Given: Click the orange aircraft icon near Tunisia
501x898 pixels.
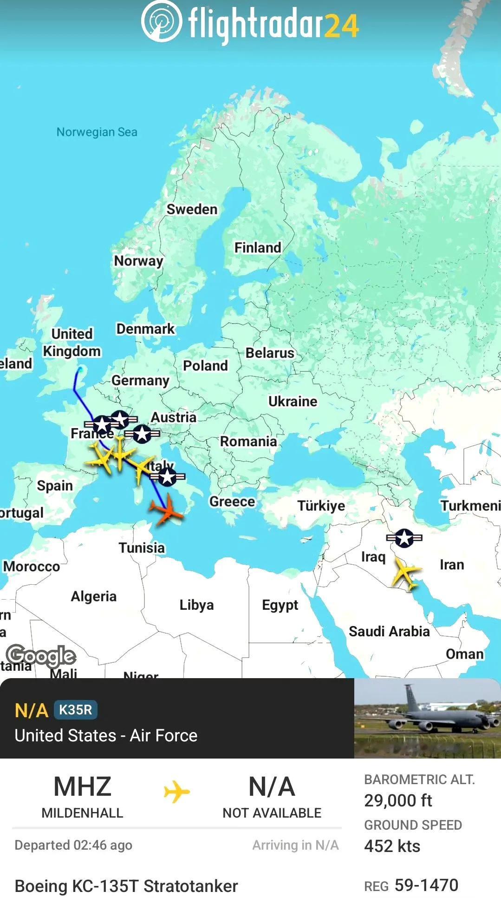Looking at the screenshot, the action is pyautogui.click(x=167, y=510).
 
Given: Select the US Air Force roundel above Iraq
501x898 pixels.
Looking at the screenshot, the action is pyautogui.click(x=404, y=538).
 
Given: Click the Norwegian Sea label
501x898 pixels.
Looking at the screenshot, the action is pyautogui.click(x=97, y=132).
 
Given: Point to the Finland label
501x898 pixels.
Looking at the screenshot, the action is pyautogui.click(x=258, y=247).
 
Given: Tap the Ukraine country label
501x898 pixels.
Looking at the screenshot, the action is pyautogui.click(x=293, y=401).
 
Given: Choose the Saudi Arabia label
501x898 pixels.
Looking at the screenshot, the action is pyautogui.click(x=389, y=631).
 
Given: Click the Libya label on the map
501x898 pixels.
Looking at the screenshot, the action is pyautogui.click(x=196, y=605).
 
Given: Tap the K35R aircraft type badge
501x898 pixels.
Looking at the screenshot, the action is pyautogui.click(x=76, y=710).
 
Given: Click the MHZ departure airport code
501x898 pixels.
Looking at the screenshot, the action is pyautogui.click(x=82, y=786).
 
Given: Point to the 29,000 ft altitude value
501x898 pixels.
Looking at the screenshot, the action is pyautogui.click(x=398, y=800).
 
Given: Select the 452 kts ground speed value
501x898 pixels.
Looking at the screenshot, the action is pyautogui.click(x=392, y=846).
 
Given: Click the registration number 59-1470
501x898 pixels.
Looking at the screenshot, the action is pyautogui.click(x=426, y=885).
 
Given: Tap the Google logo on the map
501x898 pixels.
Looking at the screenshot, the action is pyautogui.click(x=41, y=656).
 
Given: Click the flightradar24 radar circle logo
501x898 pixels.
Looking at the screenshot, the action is pyautogui.click(x=161, y=21).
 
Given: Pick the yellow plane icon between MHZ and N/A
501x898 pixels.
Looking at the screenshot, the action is pyautogui.click(x=176, y=792).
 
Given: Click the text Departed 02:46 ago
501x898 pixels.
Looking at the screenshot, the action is pyautogui.click(x=73, y=845).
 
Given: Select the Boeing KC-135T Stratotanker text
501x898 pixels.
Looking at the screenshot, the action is pyautogui.click(x=126, y=886).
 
